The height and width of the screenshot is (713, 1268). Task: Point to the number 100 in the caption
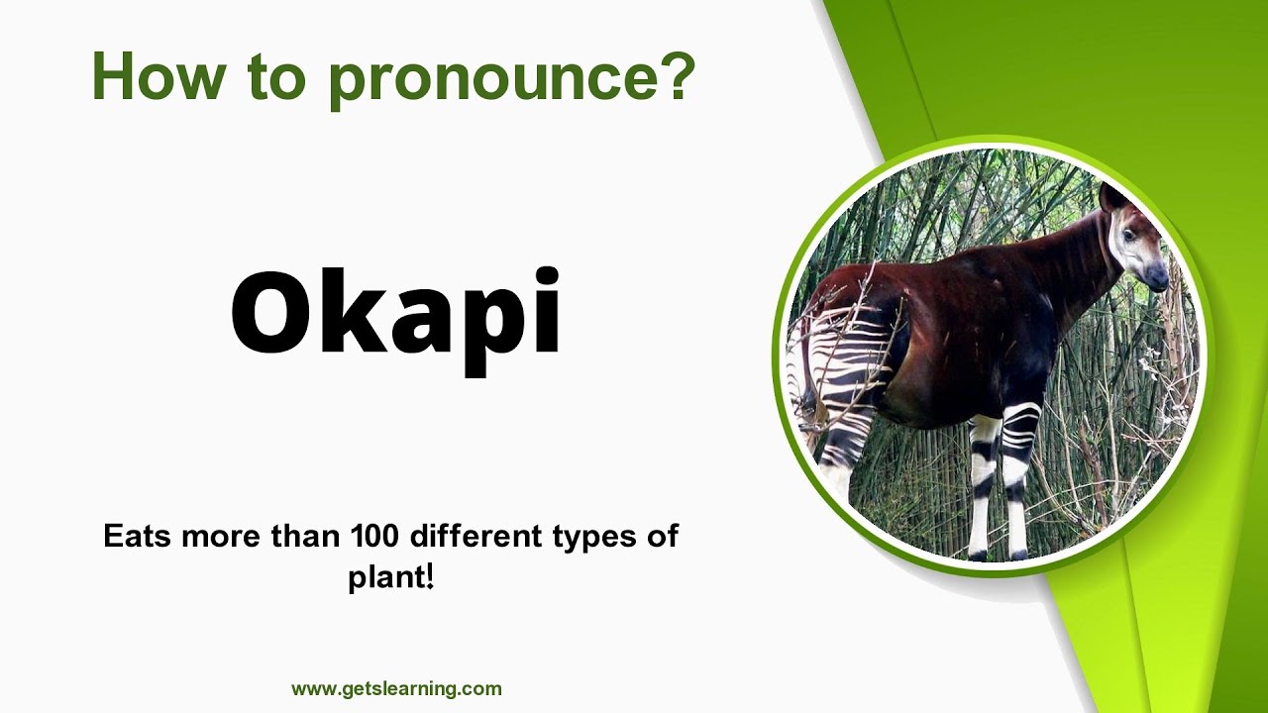[374, 537]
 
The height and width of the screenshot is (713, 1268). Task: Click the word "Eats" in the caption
[135, 537]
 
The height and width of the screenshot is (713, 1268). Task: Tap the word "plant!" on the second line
[391, 577]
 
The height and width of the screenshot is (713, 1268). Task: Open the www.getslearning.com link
[396, 688]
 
